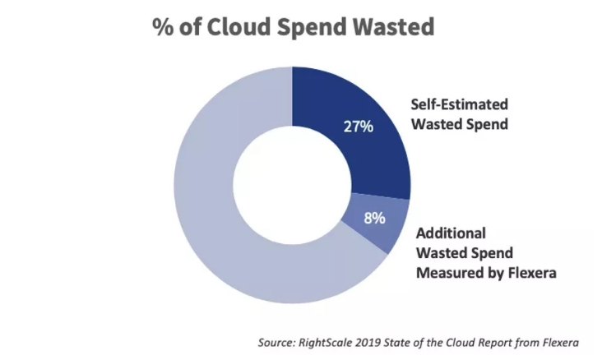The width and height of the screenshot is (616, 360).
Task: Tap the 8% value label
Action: tap(374, 219)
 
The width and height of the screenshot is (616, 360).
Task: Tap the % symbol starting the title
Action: tap(162, 27)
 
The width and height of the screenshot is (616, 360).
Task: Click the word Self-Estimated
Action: tap(460, 105)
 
